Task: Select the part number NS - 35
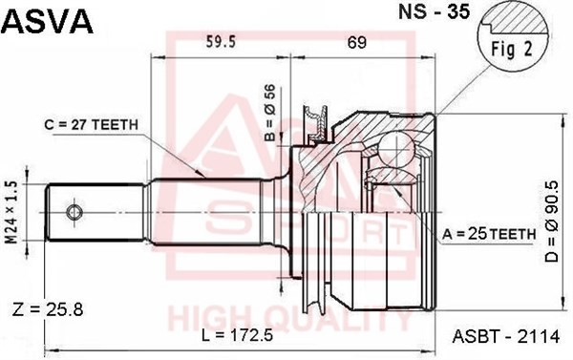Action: [x=434, y=11]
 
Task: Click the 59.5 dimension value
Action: [x=221, y=42]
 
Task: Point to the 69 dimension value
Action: [x=356, y=42]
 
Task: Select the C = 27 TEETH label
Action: [x=92, y=125]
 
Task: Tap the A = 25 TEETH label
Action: [x=489, y=234]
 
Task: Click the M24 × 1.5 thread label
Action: [x=12, y=213]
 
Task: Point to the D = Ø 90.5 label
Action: [x=552, y=222]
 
